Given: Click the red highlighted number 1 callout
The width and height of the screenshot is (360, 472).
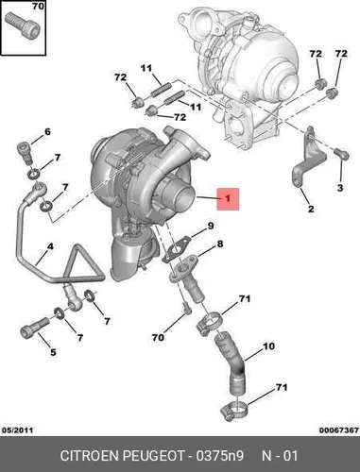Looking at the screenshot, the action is pyautogui.click(x=228, y=199).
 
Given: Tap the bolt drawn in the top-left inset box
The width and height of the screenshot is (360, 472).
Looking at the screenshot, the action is pyautogui.click(x=23, y=25).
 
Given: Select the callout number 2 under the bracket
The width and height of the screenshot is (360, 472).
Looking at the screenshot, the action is pyautogui.click(x=311, y=209).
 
